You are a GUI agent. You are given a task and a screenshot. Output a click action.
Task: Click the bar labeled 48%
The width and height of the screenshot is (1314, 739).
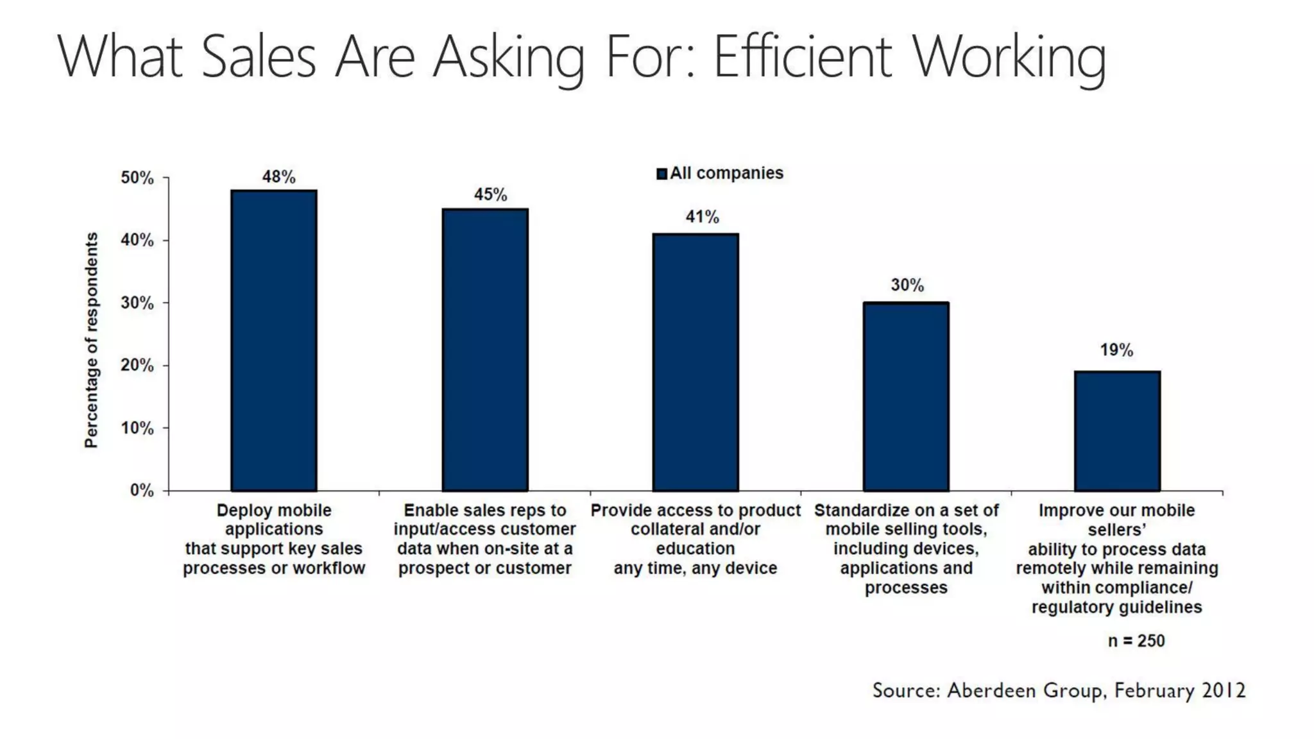point(274,340)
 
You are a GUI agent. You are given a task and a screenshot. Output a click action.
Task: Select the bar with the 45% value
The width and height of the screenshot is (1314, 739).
point(485,350)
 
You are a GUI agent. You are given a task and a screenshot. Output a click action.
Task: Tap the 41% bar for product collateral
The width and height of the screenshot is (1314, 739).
point(695,362)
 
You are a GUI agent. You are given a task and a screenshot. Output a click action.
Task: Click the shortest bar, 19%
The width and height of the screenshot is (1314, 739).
point(1117,431)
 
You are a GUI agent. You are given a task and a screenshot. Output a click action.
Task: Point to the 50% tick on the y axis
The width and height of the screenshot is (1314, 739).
point(137,178)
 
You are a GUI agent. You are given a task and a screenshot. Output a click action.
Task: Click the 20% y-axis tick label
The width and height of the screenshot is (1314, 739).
point(137,366)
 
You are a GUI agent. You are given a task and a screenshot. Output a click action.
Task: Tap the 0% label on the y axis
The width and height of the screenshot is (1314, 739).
point(142,491)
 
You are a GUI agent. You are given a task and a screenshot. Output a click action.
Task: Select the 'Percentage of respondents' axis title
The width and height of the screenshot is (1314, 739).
point(92,340)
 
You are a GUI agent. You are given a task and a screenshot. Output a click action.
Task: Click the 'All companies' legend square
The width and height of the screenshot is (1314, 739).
point(661,174)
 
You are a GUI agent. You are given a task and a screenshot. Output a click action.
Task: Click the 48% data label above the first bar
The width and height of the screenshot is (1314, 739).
point(278,177)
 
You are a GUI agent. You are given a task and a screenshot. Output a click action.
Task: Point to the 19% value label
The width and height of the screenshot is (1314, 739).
point(1116,350)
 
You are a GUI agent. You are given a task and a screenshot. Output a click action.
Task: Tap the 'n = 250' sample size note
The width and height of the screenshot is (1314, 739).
point(1136,641)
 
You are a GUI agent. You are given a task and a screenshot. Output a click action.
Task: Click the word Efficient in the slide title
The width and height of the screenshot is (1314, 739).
point(802,56)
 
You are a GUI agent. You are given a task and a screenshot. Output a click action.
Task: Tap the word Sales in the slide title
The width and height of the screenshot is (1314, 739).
point(259,56)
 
